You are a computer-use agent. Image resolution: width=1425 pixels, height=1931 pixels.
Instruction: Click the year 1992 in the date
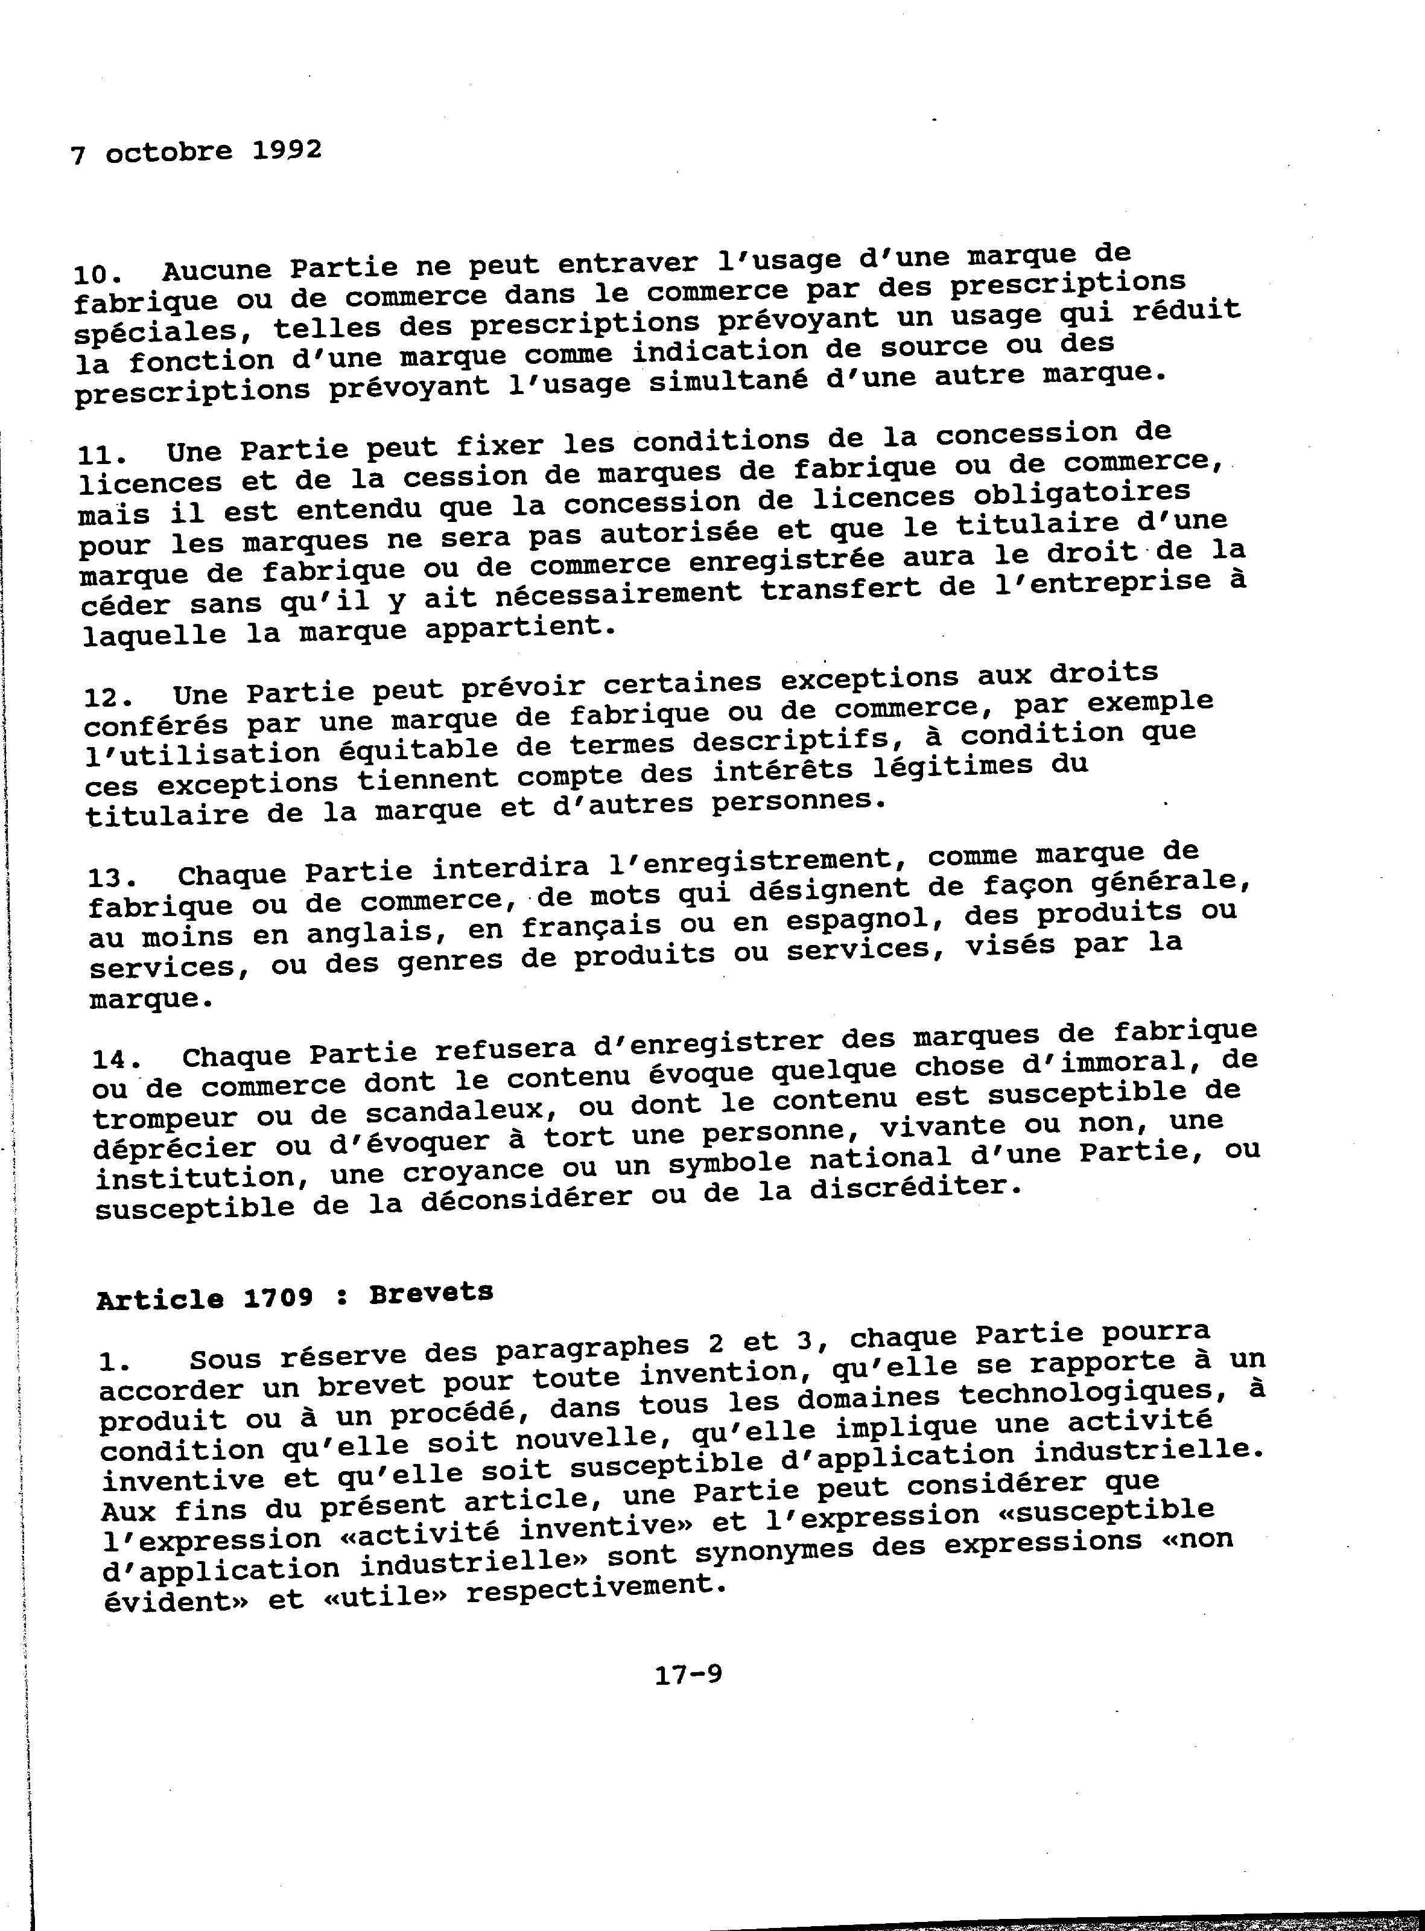click(x=287, y=150)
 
